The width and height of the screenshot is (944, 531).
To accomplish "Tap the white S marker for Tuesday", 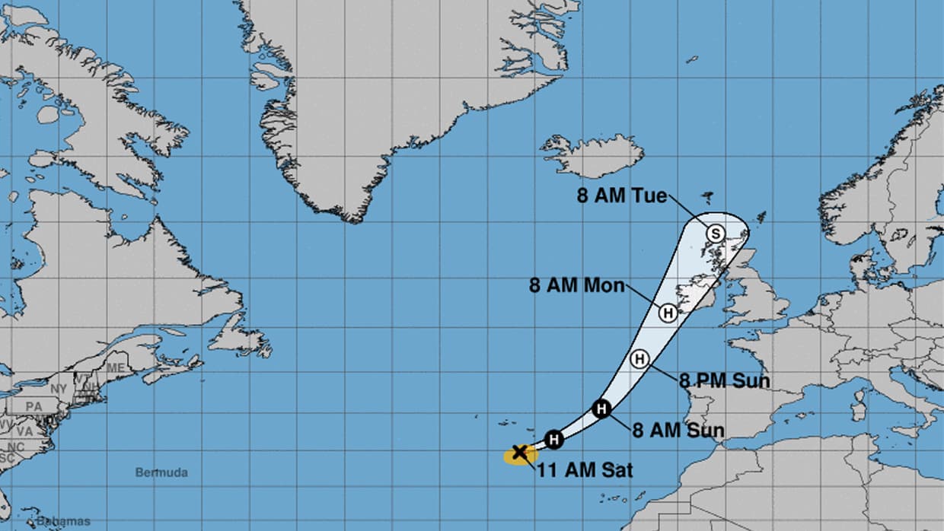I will pos(715,234).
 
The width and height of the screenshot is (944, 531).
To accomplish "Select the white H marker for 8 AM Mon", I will pos(668,313).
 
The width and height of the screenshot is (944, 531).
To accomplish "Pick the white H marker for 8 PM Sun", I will pos(639,358).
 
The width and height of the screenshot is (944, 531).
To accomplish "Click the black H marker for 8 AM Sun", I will pos(601,409).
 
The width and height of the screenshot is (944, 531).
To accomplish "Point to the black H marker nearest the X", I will pos(555,439).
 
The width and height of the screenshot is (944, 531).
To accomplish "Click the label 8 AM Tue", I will pos(621,196).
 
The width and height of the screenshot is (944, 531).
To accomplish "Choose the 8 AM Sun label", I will pos(678,431).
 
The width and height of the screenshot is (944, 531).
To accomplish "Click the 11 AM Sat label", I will pos(585,470).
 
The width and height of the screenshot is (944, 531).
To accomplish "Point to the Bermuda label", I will pos(161,472).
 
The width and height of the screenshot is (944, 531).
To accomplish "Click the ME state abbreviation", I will pos(116,367).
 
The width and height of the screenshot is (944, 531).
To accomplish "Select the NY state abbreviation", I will pos(58,388).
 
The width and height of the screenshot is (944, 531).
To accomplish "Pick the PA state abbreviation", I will pos(33,407).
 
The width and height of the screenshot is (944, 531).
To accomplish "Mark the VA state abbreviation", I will pos(25,431).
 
